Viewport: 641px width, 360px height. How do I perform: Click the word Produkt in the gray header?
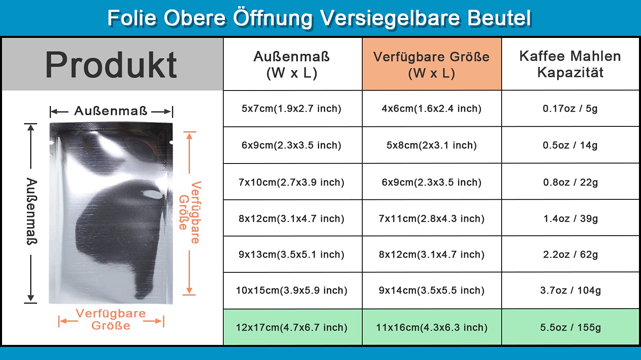pyautogui.click(x=111, y=64)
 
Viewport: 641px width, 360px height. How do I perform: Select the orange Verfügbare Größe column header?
pyautogui.click(x=432, y=64)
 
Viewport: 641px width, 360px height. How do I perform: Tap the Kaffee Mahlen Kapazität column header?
pyautogui.click(x=571, y=64)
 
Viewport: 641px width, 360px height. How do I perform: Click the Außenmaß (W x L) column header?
pyautogui.click(x=292, y=64)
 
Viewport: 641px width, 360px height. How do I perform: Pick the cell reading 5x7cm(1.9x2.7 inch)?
pyautogui.click(x=292, y=108)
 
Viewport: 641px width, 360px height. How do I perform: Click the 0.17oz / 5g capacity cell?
pyautogui.click(x=571, y=108)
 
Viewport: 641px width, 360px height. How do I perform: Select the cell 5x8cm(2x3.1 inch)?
pyautogui.click(x=432, y=145)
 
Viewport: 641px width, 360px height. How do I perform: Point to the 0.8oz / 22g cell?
pyautogui.click(x=571, y=182)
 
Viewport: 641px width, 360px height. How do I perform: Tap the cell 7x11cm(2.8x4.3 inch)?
pyautogui.click(x=432, y=219)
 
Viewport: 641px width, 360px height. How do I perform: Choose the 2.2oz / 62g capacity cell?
pyautogui.click(x=571, y=254)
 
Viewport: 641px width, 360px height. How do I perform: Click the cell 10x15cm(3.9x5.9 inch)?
pyautogui.click(x=292, y=290)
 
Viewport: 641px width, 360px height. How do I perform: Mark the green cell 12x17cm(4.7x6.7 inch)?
pyautogui.click(x=292, y=327)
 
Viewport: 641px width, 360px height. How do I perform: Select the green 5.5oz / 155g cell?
pyautogui.click(x=571, y=327)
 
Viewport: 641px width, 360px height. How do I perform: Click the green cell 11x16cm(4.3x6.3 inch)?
pyautogui.click(x=432, y=327)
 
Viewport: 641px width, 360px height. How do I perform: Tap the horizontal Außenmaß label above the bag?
pyautogui.click(x=111, y=111)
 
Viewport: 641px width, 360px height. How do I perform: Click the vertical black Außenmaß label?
pyautogui.click(x=32, y=211)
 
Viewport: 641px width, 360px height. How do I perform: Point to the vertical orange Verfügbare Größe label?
pyautogui.click(x=190, y=212)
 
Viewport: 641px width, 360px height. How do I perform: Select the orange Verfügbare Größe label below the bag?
pyautogui.click(x=111, y=319)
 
